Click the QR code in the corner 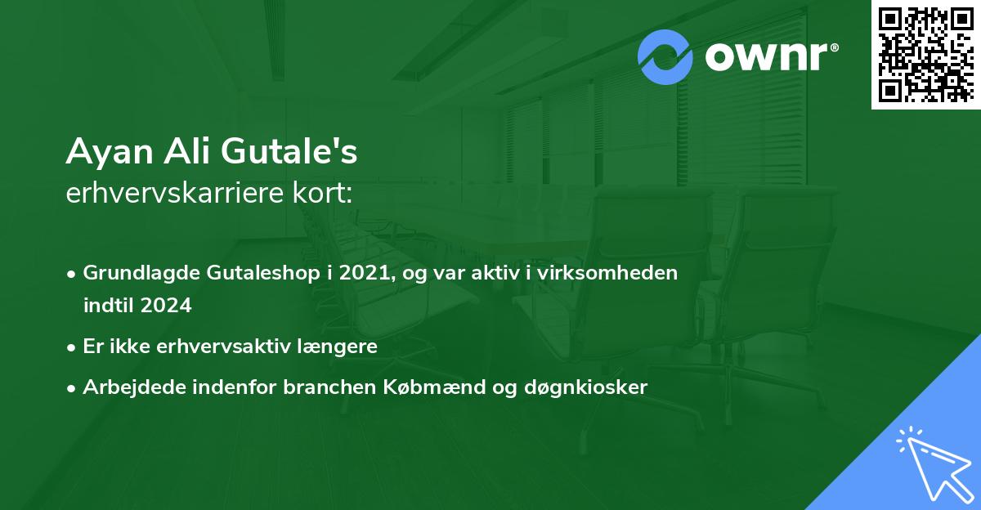[x=925, y=54]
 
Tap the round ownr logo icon [x=665, y=57]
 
